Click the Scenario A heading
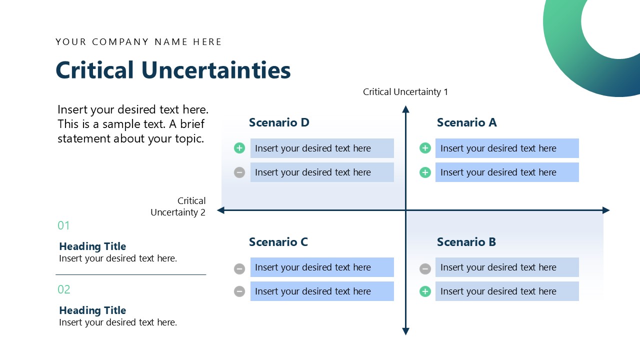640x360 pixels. pos(466,122)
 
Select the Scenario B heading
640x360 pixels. pos(466,242)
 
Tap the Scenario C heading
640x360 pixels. pos(278,242)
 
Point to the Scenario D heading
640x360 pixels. pos(279,122)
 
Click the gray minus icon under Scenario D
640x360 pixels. pos(239,172)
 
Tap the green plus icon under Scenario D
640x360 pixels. pos(239,148)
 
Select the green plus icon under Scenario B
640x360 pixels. pos(425,291)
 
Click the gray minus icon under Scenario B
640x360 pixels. pos(425,269)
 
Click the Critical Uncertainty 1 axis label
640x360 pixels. pos(405,92)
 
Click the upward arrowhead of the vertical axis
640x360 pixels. pos(405,109)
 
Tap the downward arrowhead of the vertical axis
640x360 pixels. pos(405,331)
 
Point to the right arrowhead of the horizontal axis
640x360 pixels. pos(606,210)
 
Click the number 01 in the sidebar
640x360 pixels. pos(63,225)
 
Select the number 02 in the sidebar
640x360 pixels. pos(64,289)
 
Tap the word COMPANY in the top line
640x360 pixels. pos(120,42)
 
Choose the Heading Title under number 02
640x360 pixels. pos(92,310)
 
